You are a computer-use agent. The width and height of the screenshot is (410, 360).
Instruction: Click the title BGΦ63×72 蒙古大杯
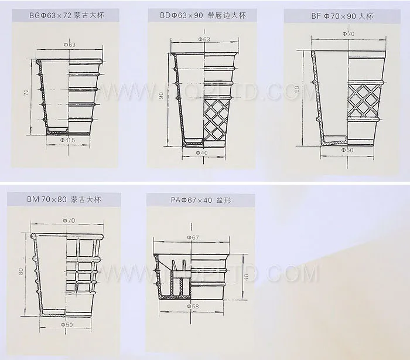[x=65, y=16]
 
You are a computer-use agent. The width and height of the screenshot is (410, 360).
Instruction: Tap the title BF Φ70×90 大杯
[x=342, y=16]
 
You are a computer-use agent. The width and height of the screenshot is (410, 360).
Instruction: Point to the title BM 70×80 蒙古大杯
[x=64, y=200]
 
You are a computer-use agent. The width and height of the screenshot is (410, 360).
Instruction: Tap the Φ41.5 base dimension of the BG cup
[x=69, y=141]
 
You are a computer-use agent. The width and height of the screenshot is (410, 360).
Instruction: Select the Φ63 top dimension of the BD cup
[x=204, y=39]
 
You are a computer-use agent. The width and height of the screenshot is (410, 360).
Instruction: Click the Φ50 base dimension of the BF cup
[x=348, y=150]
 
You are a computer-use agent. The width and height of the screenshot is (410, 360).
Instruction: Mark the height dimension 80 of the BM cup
[x=22, y=272]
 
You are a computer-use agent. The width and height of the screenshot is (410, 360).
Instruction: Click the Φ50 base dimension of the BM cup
[x=67, y=324]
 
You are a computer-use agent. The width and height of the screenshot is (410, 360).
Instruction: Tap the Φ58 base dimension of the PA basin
[x=193, y=306]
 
